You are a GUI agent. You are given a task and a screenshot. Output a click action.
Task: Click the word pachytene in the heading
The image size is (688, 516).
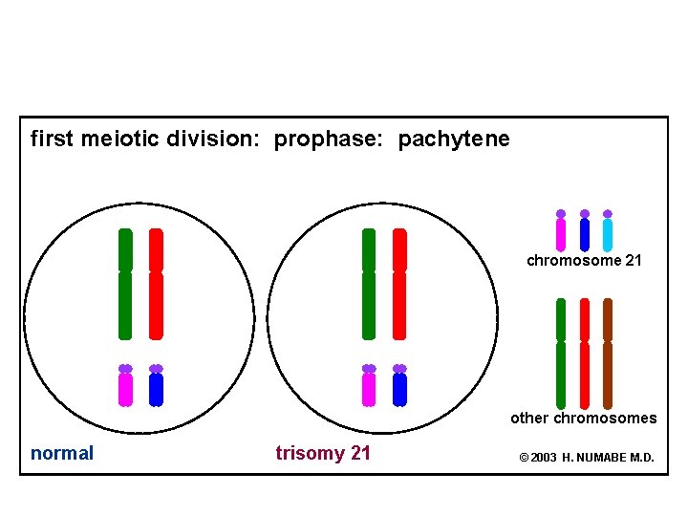454,140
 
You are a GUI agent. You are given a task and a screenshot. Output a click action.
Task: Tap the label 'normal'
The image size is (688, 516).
62,453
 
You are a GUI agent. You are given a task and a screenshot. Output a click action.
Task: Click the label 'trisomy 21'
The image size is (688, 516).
323,453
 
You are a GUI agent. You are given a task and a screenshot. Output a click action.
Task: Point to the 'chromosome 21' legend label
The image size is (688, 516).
584,260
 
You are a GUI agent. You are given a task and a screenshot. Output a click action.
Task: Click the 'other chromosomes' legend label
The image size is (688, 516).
583,418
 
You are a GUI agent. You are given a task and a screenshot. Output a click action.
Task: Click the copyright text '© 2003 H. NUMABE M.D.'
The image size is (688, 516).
586,458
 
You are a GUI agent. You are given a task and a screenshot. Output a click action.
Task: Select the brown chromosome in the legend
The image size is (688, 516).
608,354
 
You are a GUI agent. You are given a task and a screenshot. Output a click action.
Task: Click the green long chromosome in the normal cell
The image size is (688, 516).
125,284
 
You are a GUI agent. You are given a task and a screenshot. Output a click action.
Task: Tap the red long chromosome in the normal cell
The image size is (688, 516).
156,284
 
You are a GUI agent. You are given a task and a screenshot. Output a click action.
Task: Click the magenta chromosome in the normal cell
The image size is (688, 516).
125,388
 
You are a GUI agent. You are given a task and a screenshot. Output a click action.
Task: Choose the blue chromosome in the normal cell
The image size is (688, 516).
156,388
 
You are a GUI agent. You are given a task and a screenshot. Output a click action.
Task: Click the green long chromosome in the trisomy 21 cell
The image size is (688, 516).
369,284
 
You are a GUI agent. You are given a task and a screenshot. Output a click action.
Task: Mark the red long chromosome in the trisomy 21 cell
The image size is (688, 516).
399,284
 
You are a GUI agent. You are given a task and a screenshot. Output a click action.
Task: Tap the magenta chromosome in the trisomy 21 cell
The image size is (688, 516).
369,388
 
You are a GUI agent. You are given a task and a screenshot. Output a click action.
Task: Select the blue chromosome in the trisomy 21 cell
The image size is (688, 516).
399,388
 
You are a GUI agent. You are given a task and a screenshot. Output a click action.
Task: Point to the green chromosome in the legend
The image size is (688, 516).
561,354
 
